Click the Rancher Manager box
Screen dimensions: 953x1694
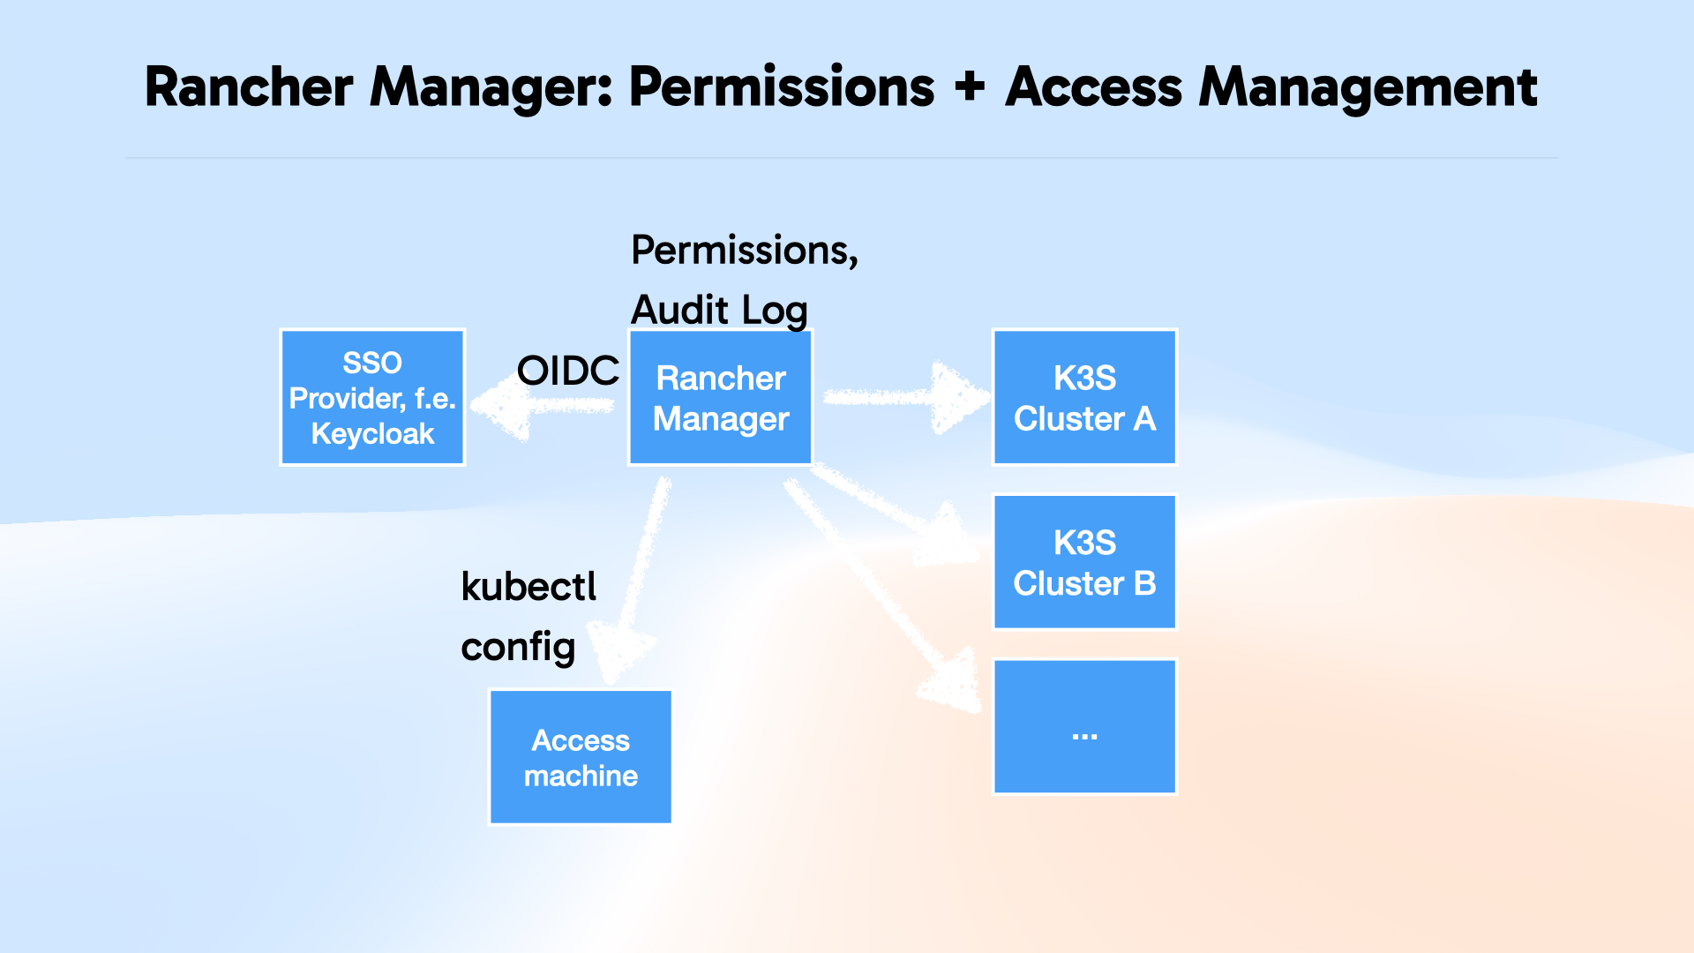pyautogui.click(x=720, y=398)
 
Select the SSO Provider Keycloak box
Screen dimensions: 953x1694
pyautogui.click(x=372, y=398)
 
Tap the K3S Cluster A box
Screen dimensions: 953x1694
pyautogui.click(x=1084, y=398)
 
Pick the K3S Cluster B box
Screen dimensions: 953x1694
pyautogui.click(x=1084, y=562)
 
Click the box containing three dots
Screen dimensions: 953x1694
pyautogui.click(x=1084, y=726)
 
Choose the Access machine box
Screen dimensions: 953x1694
pyautogui.click(x=581, y=757)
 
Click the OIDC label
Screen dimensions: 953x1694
pyautogui.click(x=567, y=371)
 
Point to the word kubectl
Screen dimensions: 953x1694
pyautogui.click(x=528, y=587)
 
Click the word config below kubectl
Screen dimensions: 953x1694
pyautogui.click(x=518, y=647)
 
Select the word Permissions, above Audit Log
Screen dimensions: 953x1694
pyautogui.click(x=744, y=250)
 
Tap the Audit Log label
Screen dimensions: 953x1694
pyautogui.click(x=719, y=310)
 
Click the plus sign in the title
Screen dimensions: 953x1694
pyautogui.click(x=969, y=86)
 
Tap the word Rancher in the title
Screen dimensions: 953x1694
pyautogui.click(x=249, y=86)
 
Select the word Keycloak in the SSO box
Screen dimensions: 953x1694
pyautogui.click(x=372, y=434)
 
